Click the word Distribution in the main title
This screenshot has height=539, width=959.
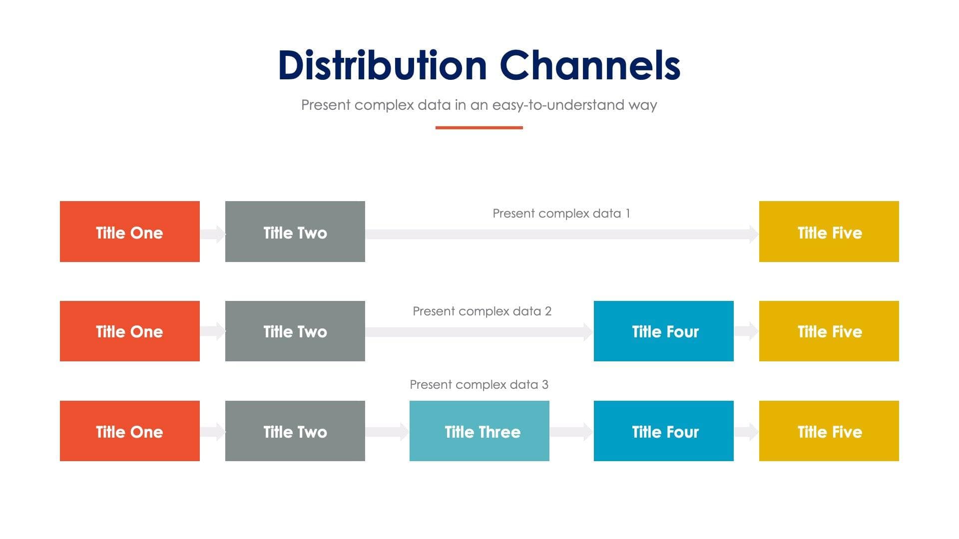382,66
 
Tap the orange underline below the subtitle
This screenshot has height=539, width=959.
479,128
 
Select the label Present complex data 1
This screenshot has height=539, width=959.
561,214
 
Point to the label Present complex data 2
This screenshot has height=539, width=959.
482,311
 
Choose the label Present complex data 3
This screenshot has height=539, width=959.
479,385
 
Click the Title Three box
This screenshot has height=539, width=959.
479,431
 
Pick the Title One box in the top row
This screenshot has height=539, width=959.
129,232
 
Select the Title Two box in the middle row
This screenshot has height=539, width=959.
295,331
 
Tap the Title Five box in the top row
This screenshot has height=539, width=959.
829,232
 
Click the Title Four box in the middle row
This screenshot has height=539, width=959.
663,331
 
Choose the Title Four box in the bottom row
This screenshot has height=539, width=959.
663,431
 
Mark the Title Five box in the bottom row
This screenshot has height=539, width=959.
829,431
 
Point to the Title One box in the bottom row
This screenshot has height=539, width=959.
129,431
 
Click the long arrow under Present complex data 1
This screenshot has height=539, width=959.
561,234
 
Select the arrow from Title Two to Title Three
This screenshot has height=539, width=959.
387,432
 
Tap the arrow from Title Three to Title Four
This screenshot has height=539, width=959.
571,432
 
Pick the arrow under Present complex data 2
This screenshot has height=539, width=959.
479,332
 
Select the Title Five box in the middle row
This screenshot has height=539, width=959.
829,331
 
